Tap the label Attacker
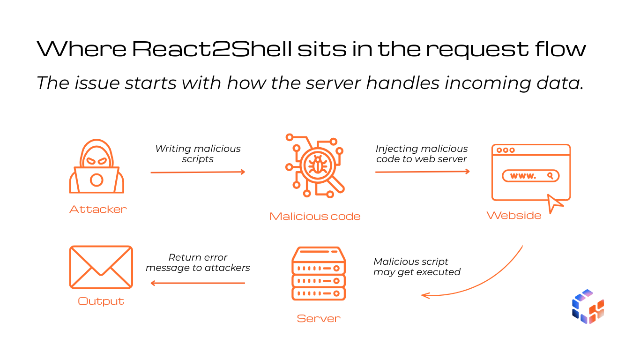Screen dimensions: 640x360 tap(98, 210)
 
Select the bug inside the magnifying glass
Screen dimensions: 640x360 tap(318, 165)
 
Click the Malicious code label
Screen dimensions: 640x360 tap(315, 216)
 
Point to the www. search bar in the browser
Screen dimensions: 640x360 tap(530, 176)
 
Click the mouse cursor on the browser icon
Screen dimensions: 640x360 tap(554, 203)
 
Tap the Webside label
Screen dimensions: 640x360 tap(513, 215)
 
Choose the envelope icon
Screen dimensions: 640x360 tap(101, 267)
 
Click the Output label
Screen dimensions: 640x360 tap(101, 301)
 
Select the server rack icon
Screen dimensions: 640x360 tap(319, 273)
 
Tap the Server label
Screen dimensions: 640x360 tap(319, 318)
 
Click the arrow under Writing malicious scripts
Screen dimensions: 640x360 tap(198, 172)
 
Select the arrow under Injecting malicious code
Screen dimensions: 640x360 tap(422, 172)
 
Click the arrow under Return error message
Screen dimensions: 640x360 tap(198, 283)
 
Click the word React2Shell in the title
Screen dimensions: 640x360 tap(212, 49)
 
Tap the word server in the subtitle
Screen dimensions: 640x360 tap(333, 83)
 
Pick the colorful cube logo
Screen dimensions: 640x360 tap(588, 307)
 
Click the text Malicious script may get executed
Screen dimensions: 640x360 tap(417, 267)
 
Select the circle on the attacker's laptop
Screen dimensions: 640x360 tap(97, 180)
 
